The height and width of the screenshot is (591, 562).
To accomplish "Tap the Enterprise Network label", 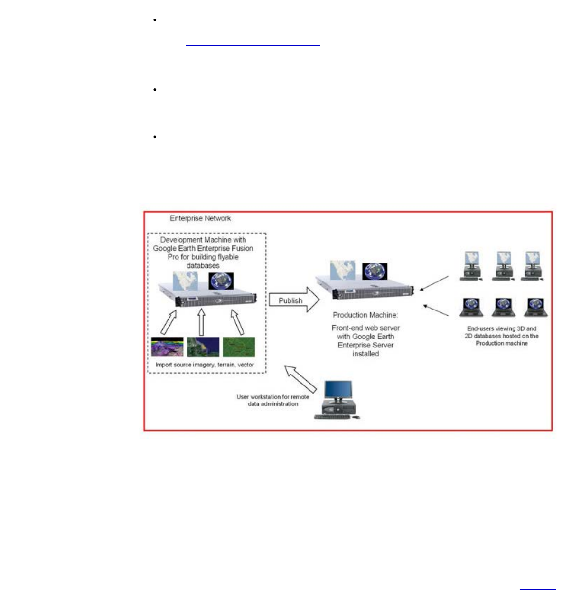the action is point(200,218).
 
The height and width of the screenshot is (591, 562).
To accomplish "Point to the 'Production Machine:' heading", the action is point(365,315).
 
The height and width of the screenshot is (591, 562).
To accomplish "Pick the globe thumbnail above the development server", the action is point(221,281).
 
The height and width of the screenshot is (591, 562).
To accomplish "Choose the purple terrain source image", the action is point(167,347).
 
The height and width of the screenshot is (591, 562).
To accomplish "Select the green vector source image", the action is point(239,347).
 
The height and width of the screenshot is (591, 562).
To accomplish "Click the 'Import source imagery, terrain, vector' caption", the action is point(205,365).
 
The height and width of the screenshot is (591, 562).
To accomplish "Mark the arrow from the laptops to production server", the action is point(436,310).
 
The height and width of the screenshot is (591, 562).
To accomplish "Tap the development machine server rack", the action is point(208,297).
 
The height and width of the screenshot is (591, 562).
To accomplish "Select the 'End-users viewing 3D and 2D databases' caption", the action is point(502,336).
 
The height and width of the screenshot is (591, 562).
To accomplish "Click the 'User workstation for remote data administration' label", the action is point(273,400).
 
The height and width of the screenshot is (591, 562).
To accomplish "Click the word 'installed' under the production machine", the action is point(365,354).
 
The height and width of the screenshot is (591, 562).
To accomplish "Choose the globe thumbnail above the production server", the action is point(375,272).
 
